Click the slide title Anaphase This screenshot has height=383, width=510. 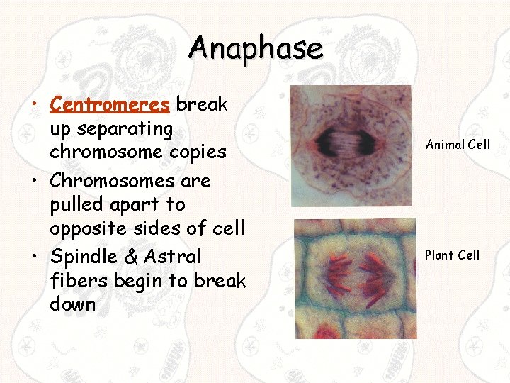[255, 48]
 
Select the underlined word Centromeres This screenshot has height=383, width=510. [110, 105]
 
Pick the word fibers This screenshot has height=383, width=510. [77, 280]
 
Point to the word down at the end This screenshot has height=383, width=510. [73, 304]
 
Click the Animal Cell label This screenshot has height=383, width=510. [458, 145]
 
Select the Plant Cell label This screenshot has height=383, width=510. [452, 255]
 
